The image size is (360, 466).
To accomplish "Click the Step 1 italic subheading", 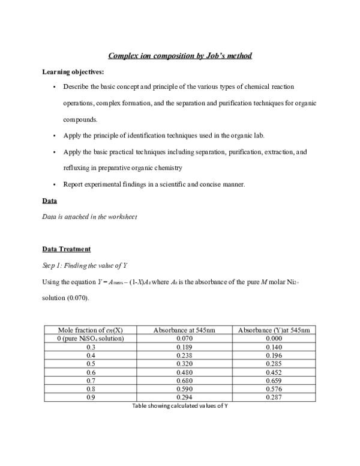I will (86, 265).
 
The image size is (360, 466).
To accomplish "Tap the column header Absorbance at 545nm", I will (184, 330).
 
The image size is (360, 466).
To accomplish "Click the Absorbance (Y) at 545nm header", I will (274, 330).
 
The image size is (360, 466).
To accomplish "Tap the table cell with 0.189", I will (184, 347).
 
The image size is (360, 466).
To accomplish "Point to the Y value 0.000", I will (274, 339).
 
